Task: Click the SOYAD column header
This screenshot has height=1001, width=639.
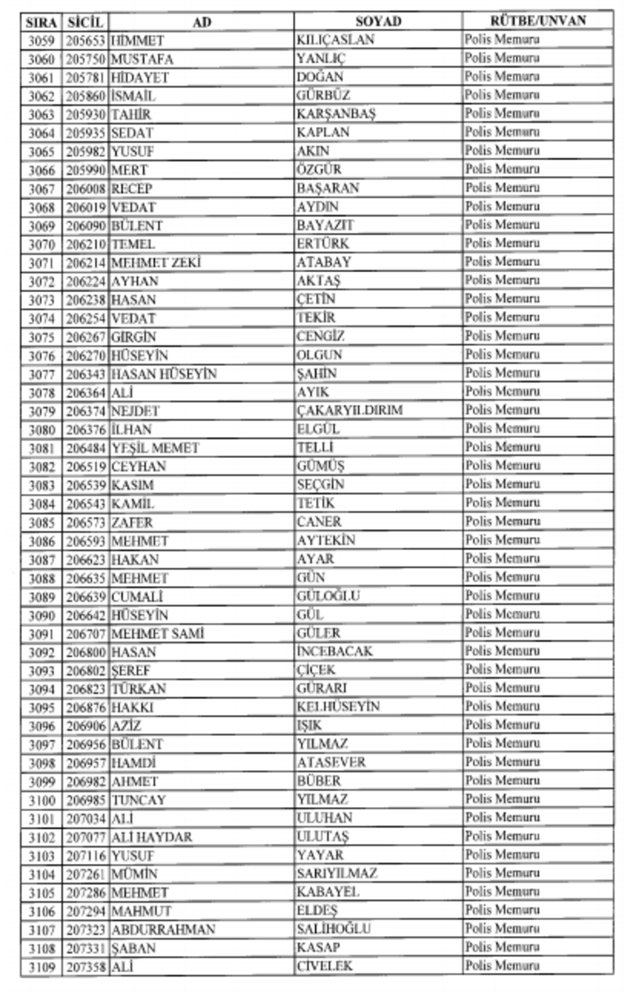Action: [378, 21]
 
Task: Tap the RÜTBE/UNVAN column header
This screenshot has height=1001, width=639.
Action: [538, 20]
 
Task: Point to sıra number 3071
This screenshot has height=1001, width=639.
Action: [41, 262]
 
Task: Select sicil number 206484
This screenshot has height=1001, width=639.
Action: [86, 447]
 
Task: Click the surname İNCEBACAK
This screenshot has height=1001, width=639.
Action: [335, 652]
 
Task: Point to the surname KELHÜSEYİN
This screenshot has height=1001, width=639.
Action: [338, 707]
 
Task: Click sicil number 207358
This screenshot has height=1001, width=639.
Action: [86, 967]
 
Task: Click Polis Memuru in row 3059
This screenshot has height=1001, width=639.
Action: [502, 40]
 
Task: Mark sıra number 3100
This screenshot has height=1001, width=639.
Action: [41, 800]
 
